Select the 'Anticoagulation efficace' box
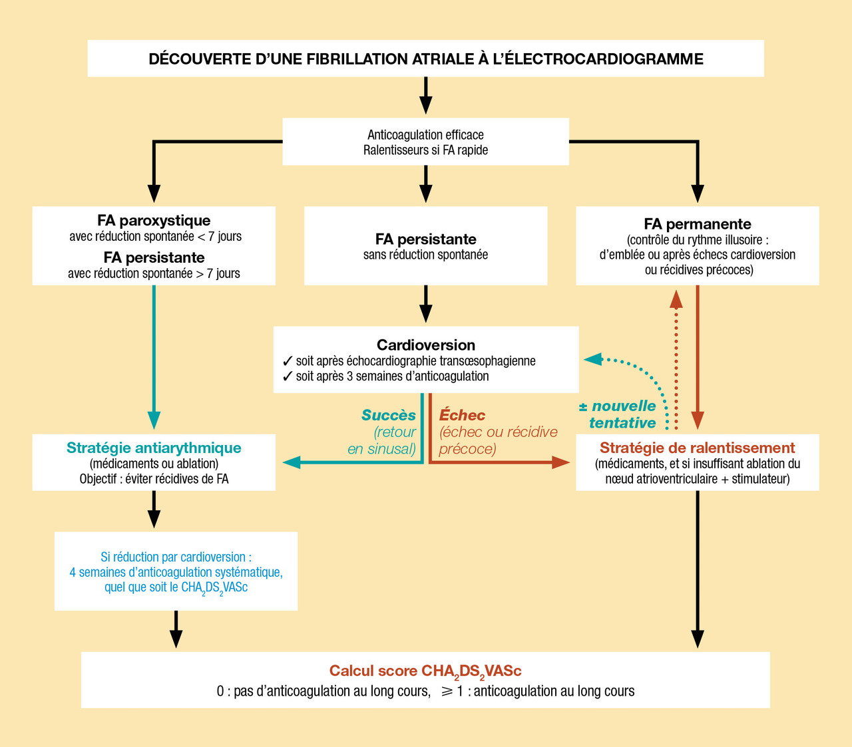425,142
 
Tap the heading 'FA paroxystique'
154,221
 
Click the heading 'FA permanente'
697,224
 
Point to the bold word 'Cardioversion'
426,345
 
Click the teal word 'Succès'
389,415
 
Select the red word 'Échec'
463,415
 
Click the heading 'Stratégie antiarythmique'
154,448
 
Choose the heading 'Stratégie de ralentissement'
697,448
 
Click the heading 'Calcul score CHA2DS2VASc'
425,671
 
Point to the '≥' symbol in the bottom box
446,691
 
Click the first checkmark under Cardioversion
288,361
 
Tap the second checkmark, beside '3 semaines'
288,376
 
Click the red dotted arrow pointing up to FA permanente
676,359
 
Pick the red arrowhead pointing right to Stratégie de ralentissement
561,462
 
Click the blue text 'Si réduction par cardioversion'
176,557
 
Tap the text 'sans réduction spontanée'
425,255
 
